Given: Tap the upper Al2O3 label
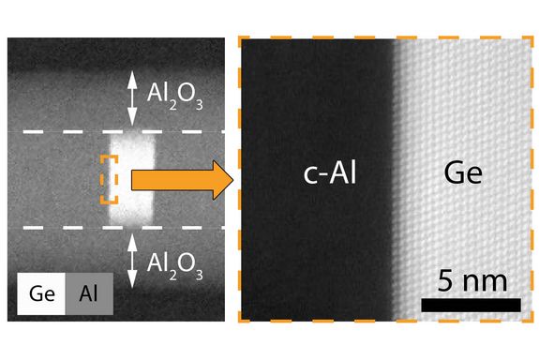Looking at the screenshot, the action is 177,93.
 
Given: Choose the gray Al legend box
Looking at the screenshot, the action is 89,294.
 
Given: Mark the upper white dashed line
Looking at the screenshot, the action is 56,131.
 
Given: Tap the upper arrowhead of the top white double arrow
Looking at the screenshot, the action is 132,73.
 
